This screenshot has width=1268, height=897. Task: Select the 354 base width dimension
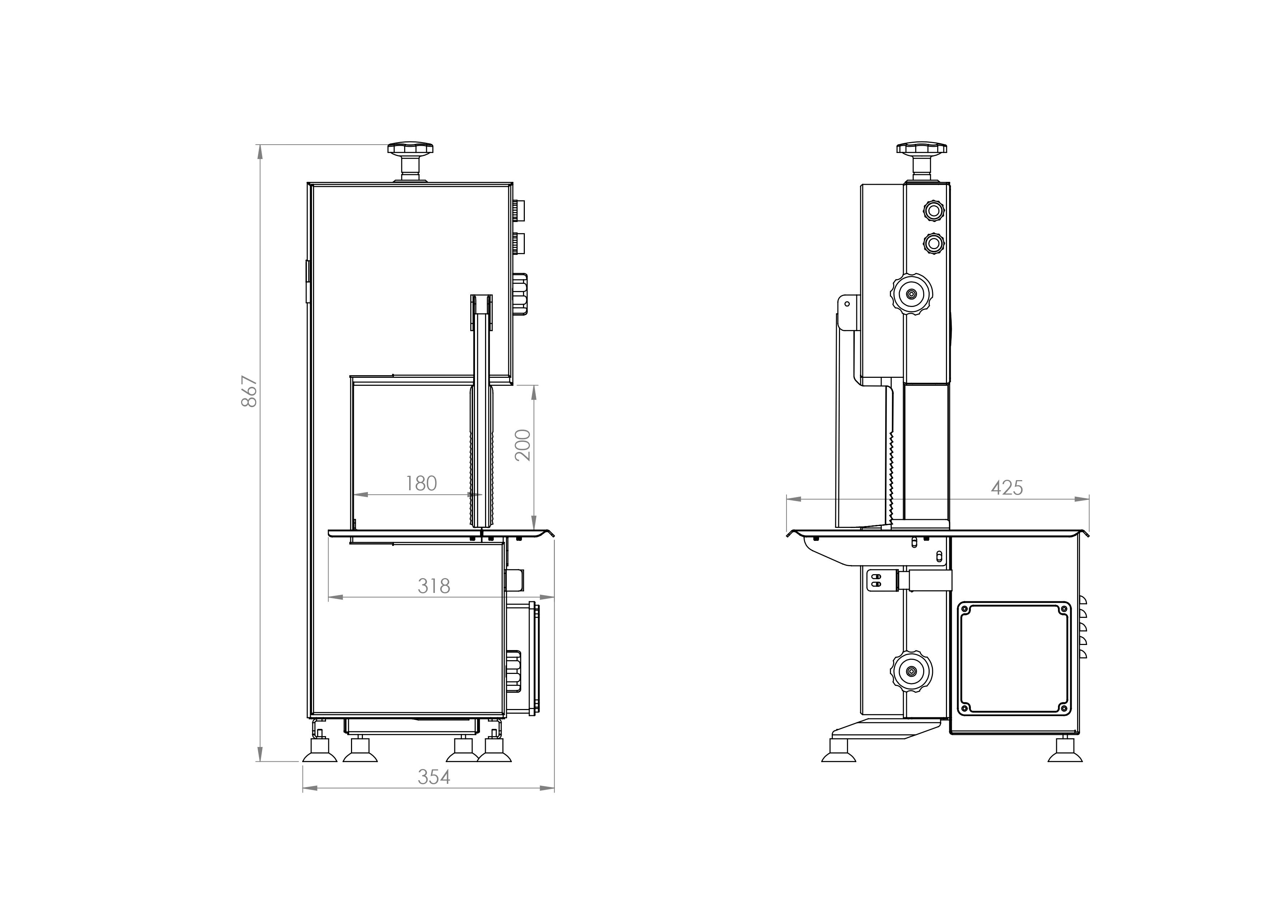[434, 777]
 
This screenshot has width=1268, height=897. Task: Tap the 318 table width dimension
[434, 585]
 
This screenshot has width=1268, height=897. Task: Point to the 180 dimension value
[421, 483]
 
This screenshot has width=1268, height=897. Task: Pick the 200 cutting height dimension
[522, 445]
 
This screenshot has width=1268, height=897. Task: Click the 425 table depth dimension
[1007, 488]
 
